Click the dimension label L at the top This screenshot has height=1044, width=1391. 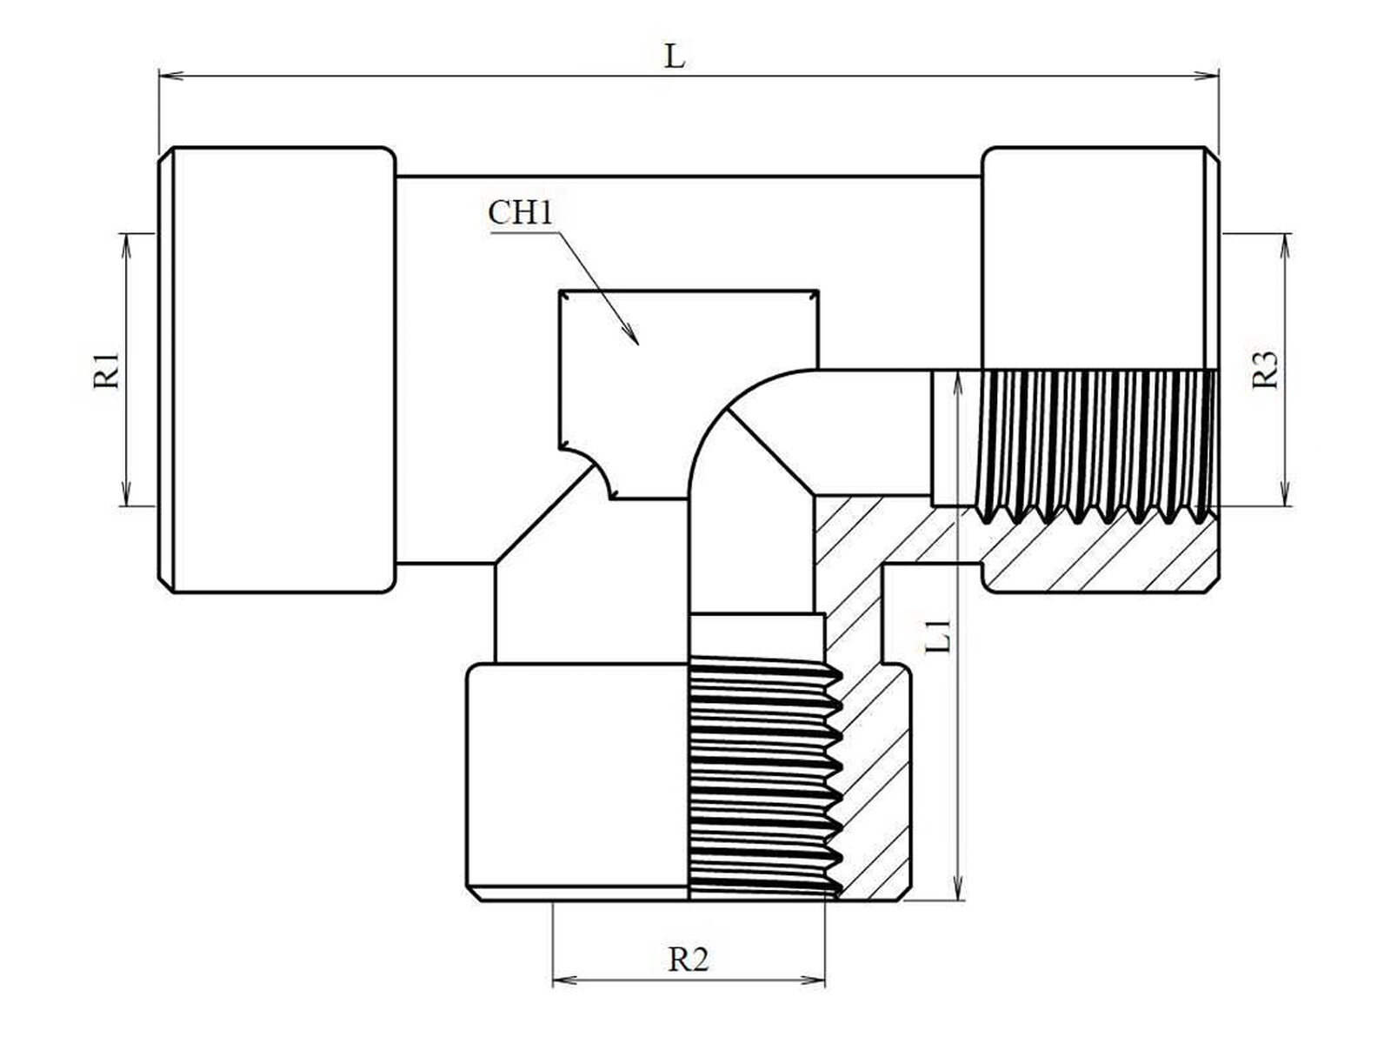coord(675,57)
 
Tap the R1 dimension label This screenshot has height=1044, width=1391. coord(106,371)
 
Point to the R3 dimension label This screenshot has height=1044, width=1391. coord(1266,371)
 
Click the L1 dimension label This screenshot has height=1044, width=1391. coord(939,637)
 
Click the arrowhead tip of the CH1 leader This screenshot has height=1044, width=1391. coord(638,345)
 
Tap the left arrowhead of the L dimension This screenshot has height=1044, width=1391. coord(160,76)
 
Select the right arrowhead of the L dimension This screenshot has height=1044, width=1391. coord(1217,76)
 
